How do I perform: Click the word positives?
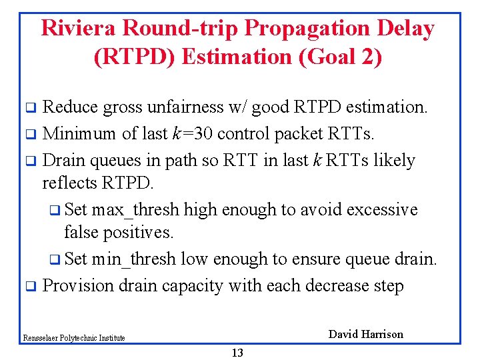[x=140, y=232]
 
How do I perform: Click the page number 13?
[x=237, y=353]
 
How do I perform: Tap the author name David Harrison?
[x=366, y=335]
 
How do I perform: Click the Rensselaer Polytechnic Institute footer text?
[x=73, y=338]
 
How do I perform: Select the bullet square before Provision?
[x=29, y=287]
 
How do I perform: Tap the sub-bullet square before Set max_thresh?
[x=55, y=211]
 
